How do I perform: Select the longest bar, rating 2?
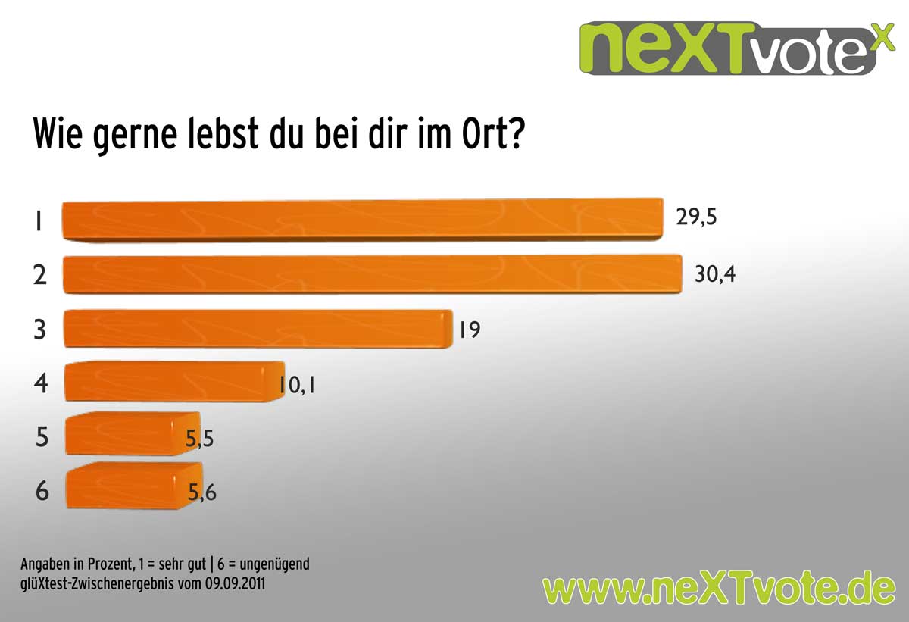pyautogui.click(x=371, y=274)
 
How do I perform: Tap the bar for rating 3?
pyautogui.click(x=258, y=329)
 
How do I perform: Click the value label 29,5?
pyautogui.click(x=695, y=218)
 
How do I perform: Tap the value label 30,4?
pyautogui.click(x=715, y=273)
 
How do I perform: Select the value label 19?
pyautogui.click(x=469, y=330)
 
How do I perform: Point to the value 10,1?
pyautogui.click(x=297, y=386)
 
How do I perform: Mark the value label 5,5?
pyautogui.click(x=200, y=439)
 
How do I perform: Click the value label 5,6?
pyautogui.click(x=202, y=492)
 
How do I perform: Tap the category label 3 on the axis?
pyautogui.click(x=41, y=330)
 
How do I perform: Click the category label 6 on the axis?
pyautogui.click(x=42, y=491)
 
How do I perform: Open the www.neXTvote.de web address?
pyautogui.click(x=719, y=588)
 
